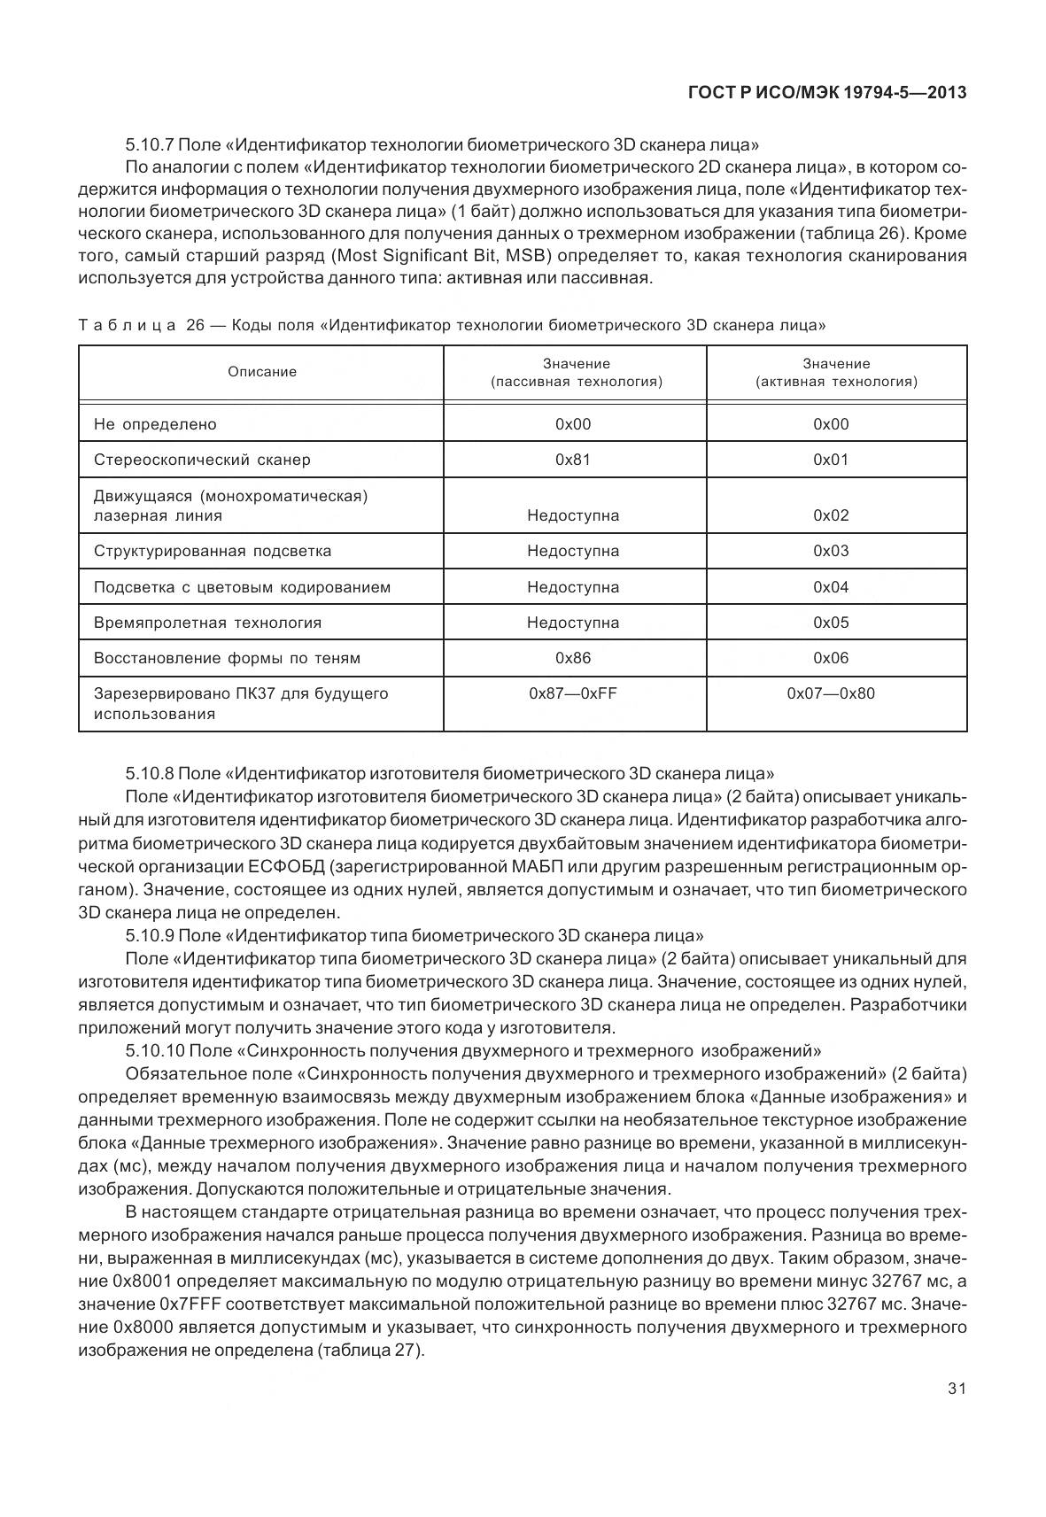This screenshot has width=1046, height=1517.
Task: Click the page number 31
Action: (x=956, y=1388)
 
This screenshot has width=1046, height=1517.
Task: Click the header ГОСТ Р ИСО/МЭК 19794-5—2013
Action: (x=825, y=92)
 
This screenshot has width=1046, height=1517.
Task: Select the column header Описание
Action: (x=262, y=372)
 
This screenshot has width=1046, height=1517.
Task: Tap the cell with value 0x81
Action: (x=573, y=460)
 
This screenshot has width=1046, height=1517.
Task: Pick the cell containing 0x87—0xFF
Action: (x=573, y=693)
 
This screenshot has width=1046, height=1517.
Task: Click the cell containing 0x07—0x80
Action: (x=831, y=693)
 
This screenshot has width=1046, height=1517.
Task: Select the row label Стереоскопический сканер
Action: (x=202, y=460)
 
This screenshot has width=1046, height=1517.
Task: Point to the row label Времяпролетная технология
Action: (x=207, y=623)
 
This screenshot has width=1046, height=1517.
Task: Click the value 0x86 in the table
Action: (x=573, y=658)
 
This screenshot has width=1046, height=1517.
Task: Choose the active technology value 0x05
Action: (x=831, y=623)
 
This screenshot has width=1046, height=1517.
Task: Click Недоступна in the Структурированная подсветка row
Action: (x=573, y=551)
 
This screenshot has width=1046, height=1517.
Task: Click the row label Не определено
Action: (x=155, y=424)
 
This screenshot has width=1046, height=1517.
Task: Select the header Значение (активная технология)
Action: (x=836, y=373)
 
